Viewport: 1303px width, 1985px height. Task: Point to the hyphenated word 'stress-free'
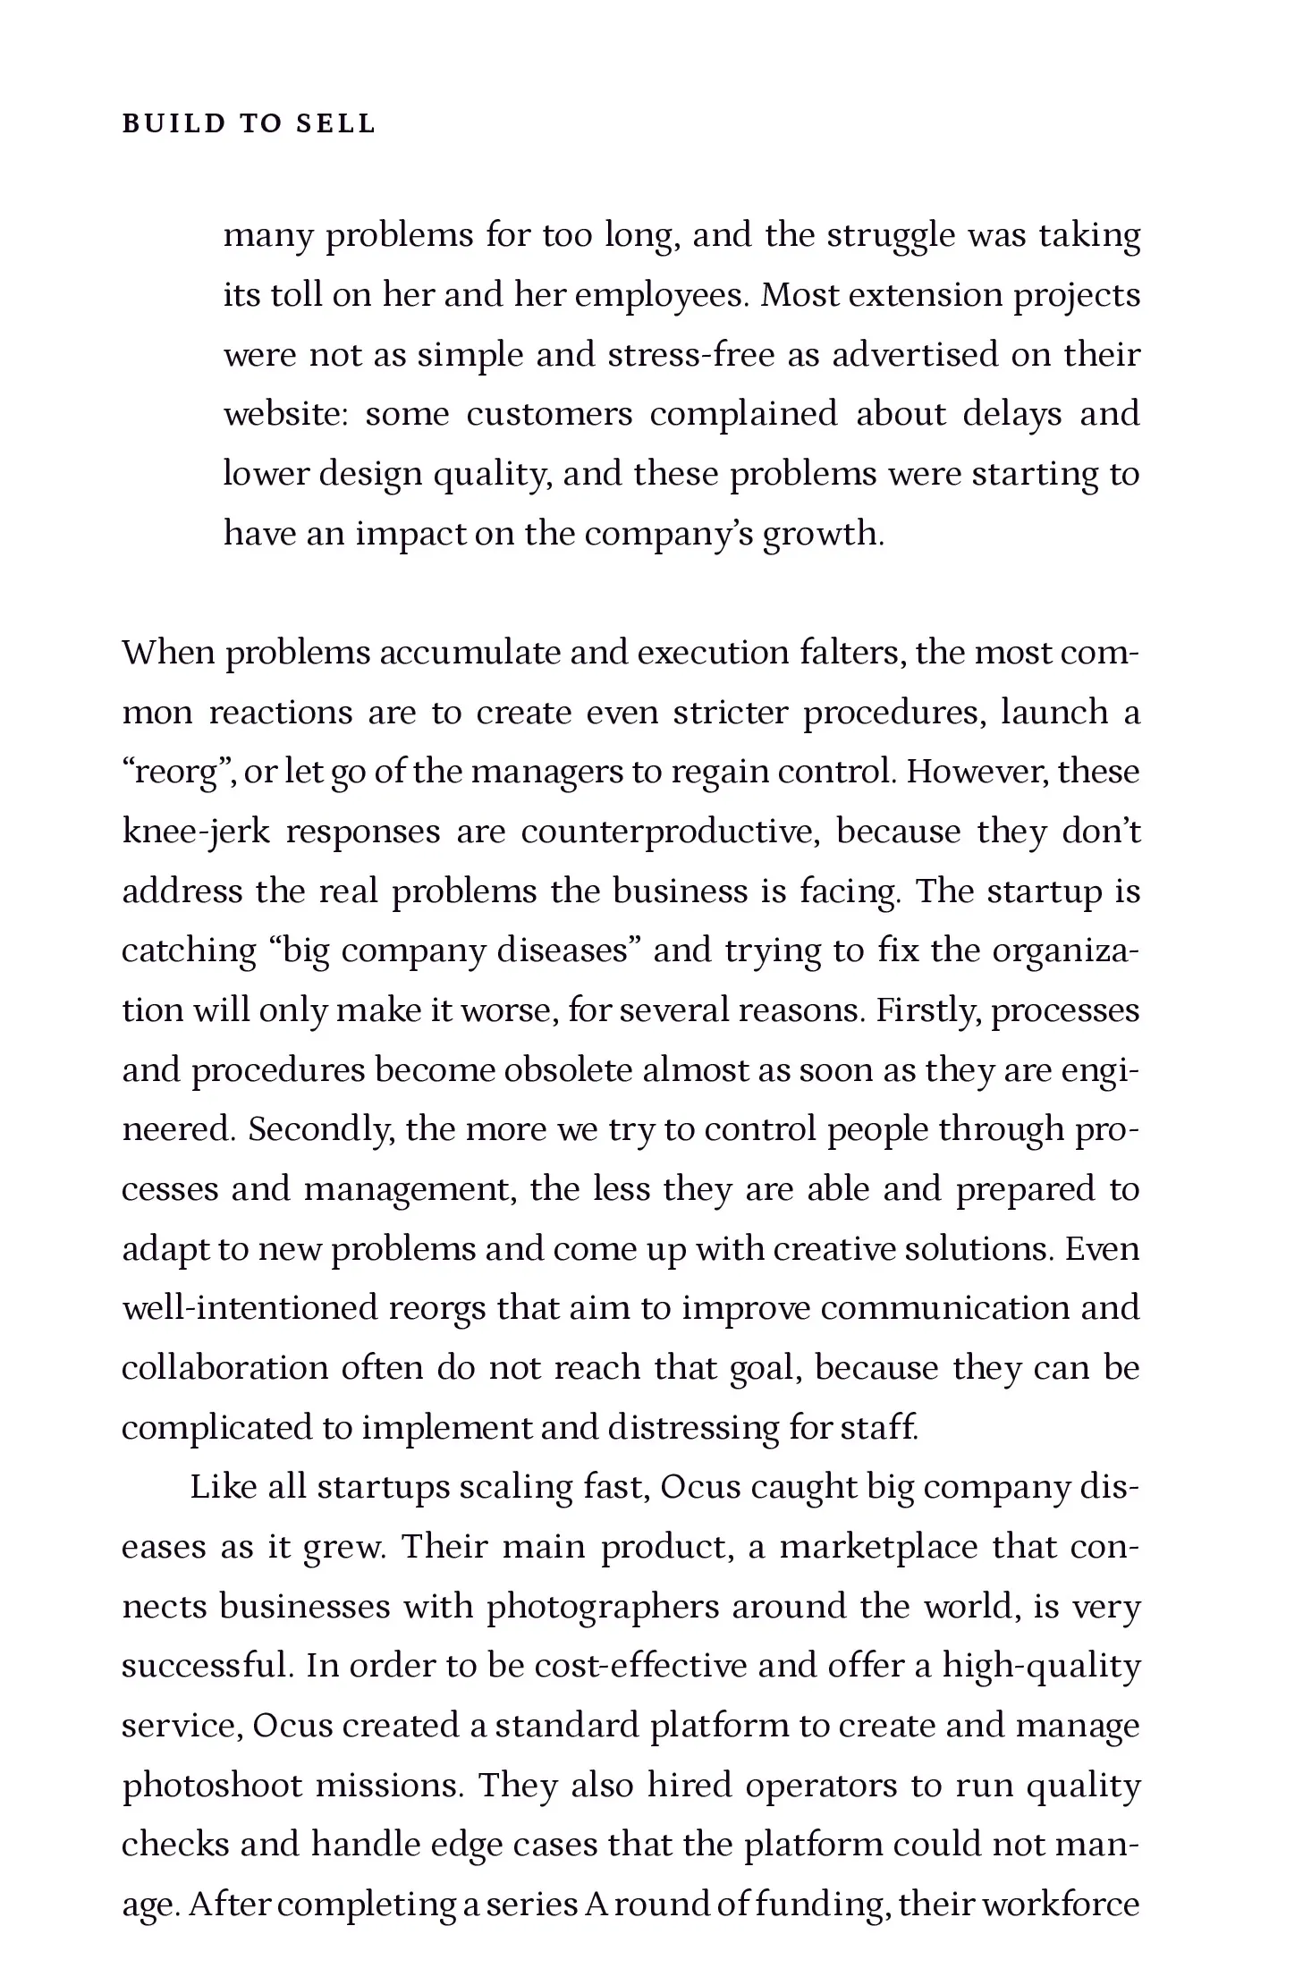[690, 355]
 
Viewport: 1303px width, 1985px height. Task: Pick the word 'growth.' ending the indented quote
[823, 535]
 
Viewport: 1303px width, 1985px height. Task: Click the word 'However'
[977, 773]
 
